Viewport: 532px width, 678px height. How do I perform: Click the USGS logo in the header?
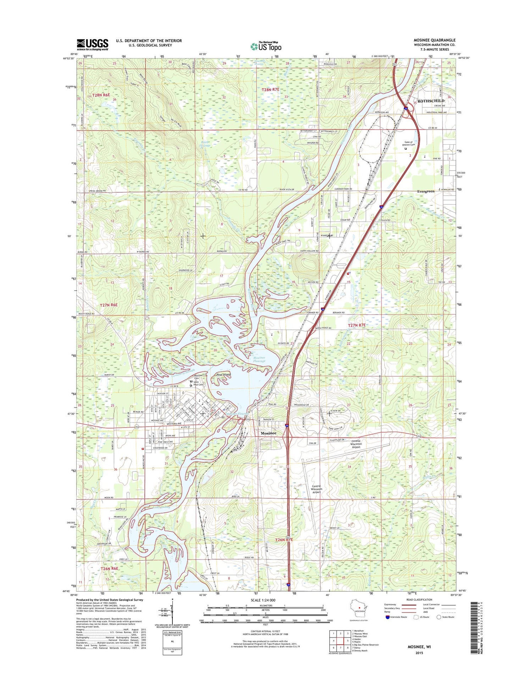93,45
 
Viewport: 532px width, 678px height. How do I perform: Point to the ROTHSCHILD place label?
431,101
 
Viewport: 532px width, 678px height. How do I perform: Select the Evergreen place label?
426,191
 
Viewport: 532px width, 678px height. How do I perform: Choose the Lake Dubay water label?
161,507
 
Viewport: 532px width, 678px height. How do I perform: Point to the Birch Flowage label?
205,144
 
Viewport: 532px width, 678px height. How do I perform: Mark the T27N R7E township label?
356,325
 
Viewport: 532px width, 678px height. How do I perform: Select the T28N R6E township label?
101,95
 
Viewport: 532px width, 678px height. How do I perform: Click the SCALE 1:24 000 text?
263,600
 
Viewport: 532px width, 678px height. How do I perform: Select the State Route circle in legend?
439,617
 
